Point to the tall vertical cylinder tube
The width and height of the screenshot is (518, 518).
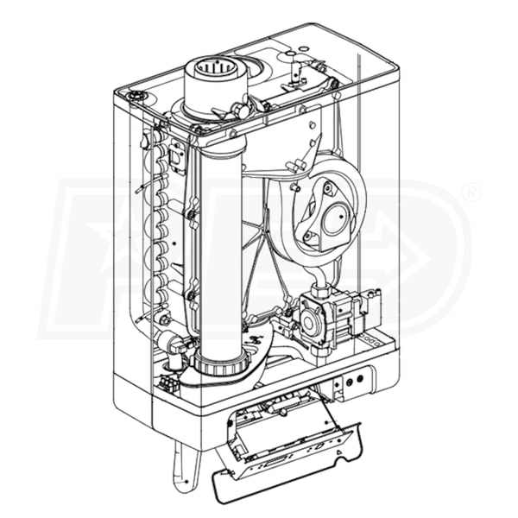220,250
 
